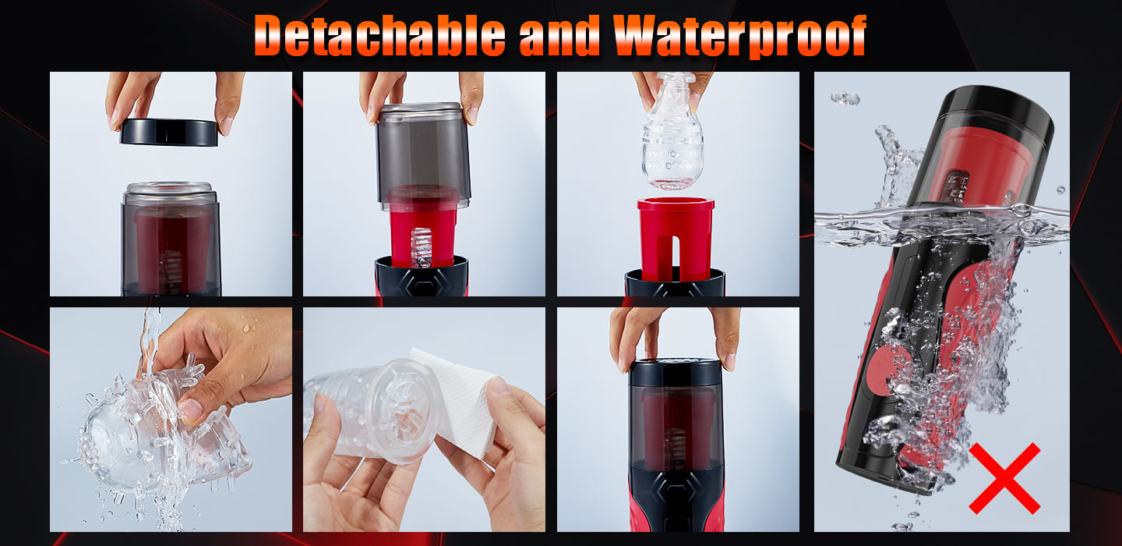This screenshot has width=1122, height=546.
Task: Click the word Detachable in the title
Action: pyautogui.click(x=379, y=36)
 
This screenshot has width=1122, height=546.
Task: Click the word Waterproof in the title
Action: pyautogui.click(x=739, y=36)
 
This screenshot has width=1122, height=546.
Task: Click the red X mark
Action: pyautogui.click(x=1004, y=478)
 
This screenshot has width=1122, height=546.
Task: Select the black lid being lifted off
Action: pyautogui.click(x=169, y=133)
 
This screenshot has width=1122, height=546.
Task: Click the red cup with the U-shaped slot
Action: pyautogui.click(x=676, y=234)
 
